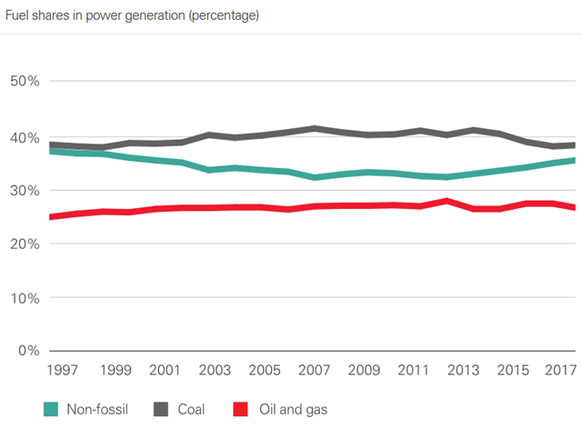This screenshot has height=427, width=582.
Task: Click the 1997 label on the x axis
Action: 62,371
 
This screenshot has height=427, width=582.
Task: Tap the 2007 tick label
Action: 315,371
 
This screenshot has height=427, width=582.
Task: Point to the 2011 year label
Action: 414,371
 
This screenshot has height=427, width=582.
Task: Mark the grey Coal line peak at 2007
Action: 315,129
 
